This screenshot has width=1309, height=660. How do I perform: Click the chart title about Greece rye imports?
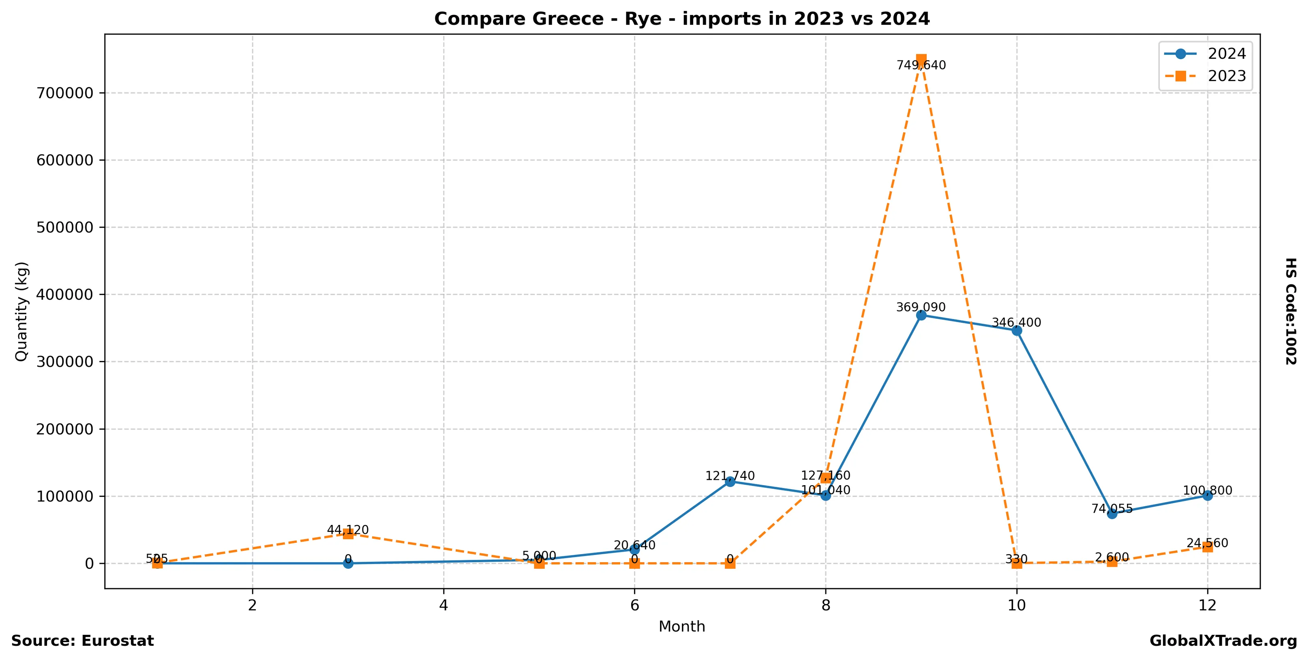[x=681, y=19]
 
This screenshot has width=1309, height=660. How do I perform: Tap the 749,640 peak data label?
[x=921, y=65]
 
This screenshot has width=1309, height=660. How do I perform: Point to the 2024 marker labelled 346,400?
[x=1017, y=331]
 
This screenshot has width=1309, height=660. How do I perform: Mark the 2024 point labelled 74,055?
[x=1112, y=514]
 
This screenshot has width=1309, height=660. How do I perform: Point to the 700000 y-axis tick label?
[x=65, y=93]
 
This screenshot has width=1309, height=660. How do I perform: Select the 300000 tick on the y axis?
[x=65, y=361]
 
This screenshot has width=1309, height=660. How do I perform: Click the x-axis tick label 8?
[x=826, y=606]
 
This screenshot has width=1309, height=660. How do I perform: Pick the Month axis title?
[x=681, y=626]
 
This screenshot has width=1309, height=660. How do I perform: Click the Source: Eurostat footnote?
[x=82, y=641]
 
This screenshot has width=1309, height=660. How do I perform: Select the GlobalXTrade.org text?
[x=1223, y=641]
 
